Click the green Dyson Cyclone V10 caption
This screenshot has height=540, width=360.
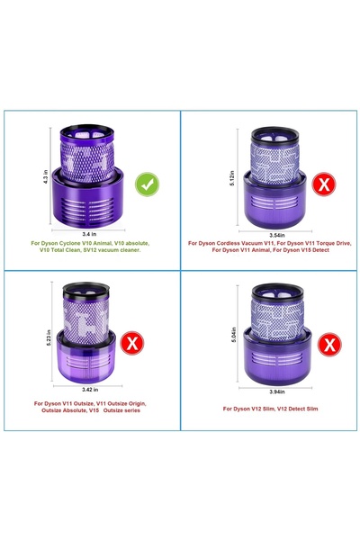pyautogui.click(x=90, y=247)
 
